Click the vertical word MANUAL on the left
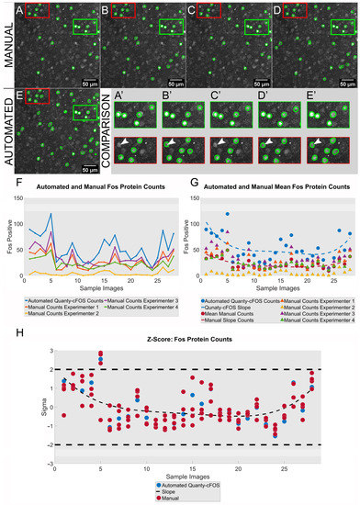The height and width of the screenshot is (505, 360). coord(7,42)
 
